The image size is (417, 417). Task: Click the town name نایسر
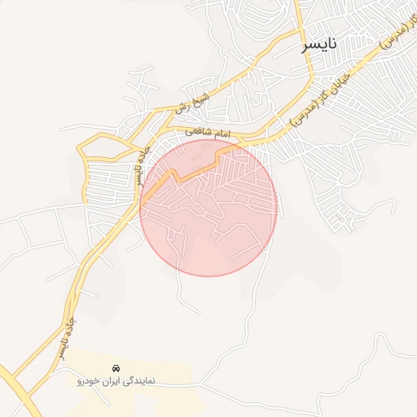coord(318,44)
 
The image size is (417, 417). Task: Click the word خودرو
coord(87,380)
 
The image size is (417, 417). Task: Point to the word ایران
coord(113,380)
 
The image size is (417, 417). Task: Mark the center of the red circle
coord(209,208)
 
